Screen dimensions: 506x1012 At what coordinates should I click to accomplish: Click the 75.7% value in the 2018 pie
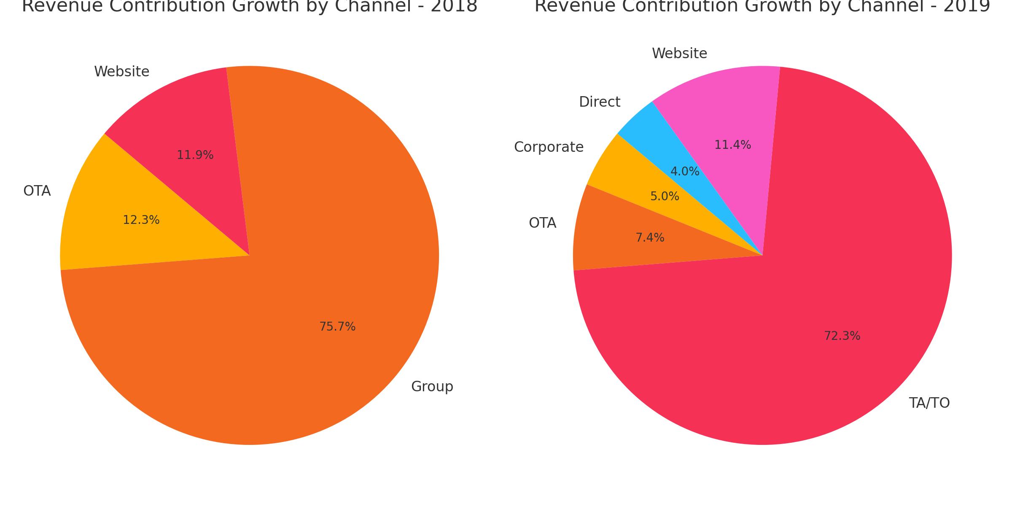pos(337,327)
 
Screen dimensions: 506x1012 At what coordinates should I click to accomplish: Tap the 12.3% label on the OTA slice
pos(141,220)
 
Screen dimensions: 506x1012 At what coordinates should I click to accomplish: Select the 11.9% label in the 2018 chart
pos(195,155)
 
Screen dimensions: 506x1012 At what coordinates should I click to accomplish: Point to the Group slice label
pos(432,387)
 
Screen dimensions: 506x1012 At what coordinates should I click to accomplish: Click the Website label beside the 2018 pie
pos(121,72)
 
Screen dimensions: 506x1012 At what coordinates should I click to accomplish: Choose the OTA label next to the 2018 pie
pos(37,191)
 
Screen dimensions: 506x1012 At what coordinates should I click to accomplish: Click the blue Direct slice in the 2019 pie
pos(645,126)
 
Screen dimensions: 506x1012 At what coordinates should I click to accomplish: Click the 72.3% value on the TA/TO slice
pos(842,336)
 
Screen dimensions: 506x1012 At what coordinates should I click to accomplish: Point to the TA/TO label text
pos(929,403)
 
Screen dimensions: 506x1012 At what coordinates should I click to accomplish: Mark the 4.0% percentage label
pos(685,172)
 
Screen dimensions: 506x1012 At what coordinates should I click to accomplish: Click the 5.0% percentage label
pos(665,196)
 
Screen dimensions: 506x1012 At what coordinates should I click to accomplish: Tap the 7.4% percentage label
pos(650,238)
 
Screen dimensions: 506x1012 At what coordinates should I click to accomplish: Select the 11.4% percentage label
pos(732,145)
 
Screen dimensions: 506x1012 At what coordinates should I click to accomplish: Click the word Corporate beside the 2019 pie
pos(549,147)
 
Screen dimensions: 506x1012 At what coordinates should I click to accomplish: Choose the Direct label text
pos(599,102)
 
